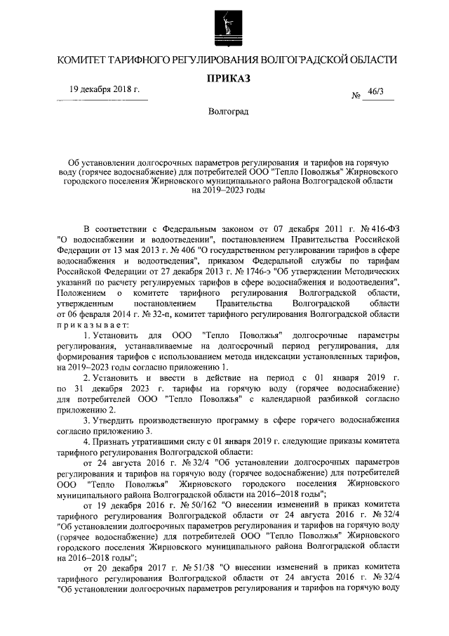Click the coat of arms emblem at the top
[224, 26]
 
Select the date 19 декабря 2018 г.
[105, 91]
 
